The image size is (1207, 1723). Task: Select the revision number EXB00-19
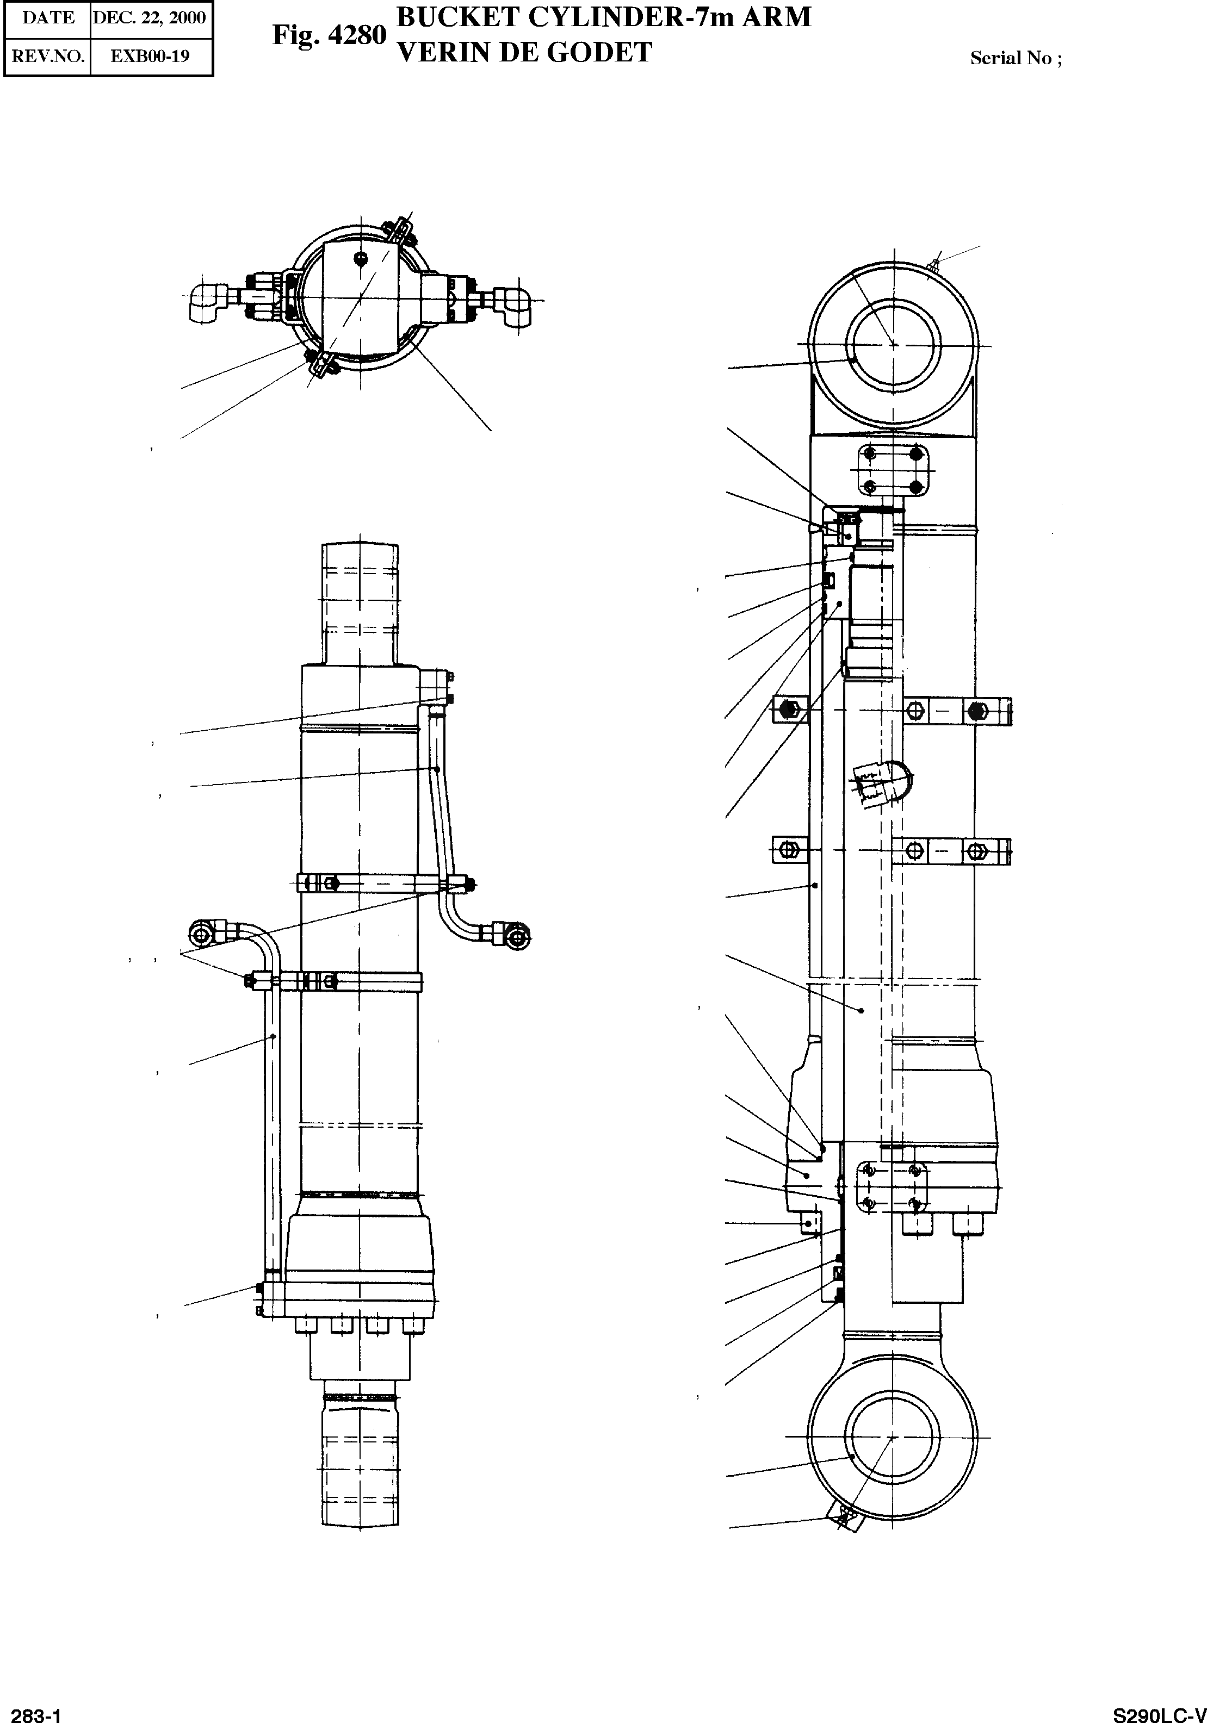pos(150,57)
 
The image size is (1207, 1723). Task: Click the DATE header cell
pos(48,17)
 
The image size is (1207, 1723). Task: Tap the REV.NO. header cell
pos(48,57)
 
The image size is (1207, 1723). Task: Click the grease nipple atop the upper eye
pos(934,263)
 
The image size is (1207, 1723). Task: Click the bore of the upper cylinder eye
pos(893,345)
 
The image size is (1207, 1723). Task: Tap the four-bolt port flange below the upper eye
pos(892,470)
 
